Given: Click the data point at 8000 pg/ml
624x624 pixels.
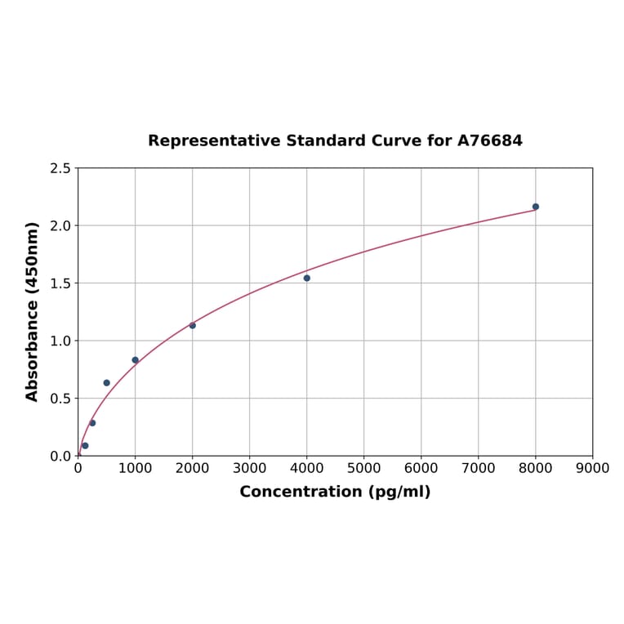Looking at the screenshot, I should pyautogui.click(x=536, y=207).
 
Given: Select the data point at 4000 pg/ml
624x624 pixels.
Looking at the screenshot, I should pyautogui.click(x=307, y=278).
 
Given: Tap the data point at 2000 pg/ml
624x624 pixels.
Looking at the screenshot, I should pyautogui.click(x=193, y=325).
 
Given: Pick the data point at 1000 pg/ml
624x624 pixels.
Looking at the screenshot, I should pyautogui.click(x=136, y=360).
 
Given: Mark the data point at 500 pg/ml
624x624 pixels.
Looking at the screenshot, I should pyautogui.click(x=107, y=383).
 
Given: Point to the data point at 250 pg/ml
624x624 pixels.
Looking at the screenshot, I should pyautogui.click(x=92, y=423).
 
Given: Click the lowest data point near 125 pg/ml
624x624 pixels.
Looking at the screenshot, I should pyautogui.click(x=85, y=445).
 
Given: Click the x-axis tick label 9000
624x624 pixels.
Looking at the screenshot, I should pyautogui.click(x=592, y=468).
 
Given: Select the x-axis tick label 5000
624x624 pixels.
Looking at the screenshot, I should pyautogui.click(x=363, y=468).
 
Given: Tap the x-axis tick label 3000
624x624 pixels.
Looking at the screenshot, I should pyautogui.click(x=249, y=468).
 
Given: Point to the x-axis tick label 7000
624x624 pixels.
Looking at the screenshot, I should pyautogui.click(x=478, y=468).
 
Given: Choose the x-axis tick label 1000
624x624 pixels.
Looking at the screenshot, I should pyautogui.click(x=135, y=468).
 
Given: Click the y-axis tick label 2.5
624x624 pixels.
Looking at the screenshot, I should pyautogui.click(x=60, y=168).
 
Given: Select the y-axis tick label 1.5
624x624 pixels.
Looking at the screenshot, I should pyautogui.click(x=60, y=283).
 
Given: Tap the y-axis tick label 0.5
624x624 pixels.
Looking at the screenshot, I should pyautogui.click(x=60, y=399).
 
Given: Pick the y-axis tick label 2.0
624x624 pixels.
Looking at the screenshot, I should pyautogui.click(x=60, y=225).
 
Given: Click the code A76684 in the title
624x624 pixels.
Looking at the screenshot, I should pyautogui.click(x=489, y=141).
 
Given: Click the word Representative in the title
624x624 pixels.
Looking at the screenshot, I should pyautogui.click(x=215, y=141).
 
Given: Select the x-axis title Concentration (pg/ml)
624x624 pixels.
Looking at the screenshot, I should pyautogui.click(x=335, y=492).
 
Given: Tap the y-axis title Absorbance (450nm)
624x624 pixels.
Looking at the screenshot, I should pyautogui.click(x=33, y=311).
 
